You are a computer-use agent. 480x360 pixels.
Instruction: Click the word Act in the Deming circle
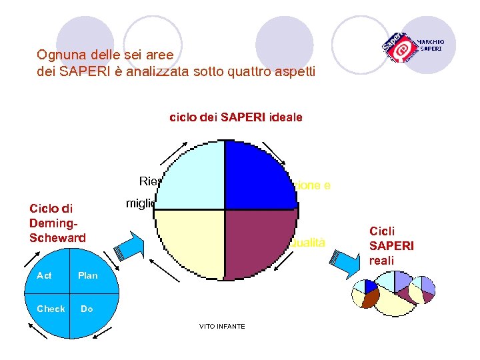(x=44, y=275)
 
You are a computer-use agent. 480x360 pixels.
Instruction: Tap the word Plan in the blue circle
(x=87, y=275)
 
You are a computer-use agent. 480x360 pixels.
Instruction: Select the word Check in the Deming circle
(x=51, y=309)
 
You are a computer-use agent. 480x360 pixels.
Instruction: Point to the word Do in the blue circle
(x=87, y=309)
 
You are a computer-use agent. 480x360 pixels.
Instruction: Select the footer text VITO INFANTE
(x=222, y=326)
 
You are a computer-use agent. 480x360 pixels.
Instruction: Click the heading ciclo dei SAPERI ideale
(x=236, y=117)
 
